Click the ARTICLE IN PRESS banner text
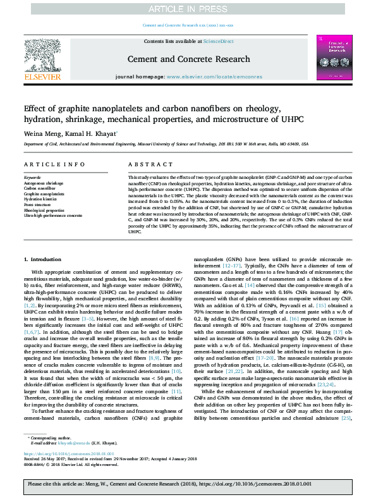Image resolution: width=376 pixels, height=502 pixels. click(x=188, y=9)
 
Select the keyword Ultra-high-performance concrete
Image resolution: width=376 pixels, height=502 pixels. click(x=53, y=216)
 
